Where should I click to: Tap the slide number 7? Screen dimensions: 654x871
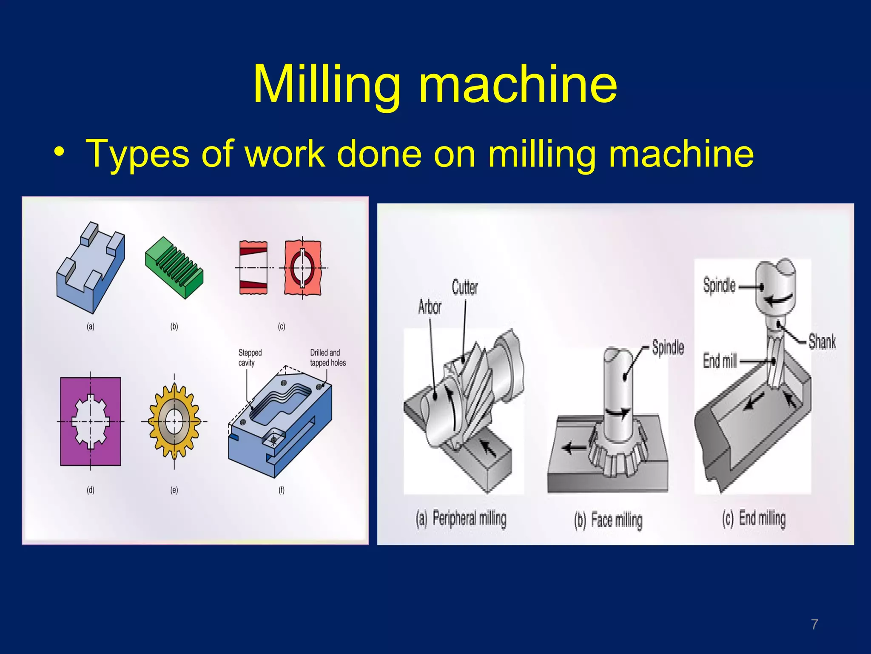[x=814, y=625]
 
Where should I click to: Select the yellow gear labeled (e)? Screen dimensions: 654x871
[x=174, y=422]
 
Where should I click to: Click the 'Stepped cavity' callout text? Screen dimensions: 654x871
[x=250, y=358]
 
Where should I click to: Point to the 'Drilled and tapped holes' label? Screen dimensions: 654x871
[x=327, y=358]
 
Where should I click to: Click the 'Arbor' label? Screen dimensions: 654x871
[x=430, y=307]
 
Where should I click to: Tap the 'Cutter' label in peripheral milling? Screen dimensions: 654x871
[x=465, y=287]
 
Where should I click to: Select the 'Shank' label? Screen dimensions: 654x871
[x=822, y=341]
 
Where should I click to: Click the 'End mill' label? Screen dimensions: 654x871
[x=720, y=361]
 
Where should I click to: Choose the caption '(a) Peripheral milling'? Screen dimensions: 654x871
[x=461, y=519]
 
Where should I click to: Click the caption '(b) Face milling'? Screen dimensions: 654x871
[x=608, y=520]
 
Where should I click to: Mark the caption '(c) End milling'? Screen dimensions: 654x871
[x=754, y=519]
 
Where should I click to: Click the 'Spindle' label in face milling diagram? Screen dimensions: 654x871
[x=668, y=347]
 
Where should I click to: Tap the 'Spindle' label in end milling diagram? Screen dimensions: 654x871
[x=719, y=285]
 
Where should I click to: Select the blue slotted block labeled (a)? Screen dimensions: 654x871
[x=91, y=268]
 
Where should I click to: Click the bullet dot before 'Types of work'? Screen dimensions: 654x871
[x=59, y=152]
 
